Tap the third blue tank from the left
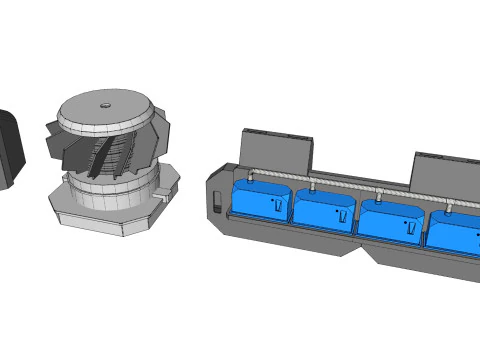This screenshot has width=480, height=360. coord(390,220)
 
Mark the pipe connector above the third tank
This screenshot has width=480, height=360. coord(381,195)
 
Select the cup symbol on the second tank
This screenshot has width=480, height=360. coord(341,215)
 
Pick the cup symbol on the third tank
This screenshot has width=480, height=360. coord(409,227)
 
